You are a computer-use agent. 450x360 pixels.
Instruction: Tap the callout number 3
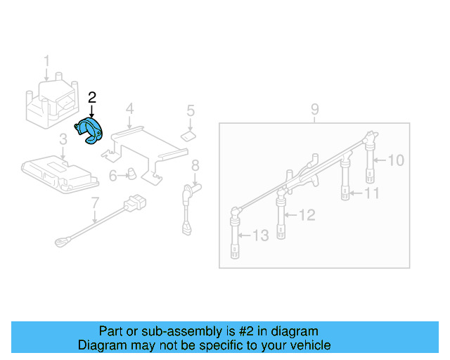pos(62,139)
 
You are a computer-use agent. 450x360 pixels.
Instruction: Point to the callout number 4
pos(129,108)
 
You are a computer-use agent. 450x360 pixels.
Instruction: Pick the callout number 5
pos(191,110)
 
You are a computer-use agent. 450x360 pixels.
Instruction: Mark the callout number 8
pos(195,165)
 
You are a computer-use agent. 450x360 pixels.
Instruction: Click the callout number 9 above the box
pos(315,109)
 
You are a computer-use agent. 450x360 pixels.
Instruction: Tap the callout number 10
pos(396,160)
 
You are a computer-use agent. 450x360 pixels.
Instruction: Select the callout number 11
pos(372,193)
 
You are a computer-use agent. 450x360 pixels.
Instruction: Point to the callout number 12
pos(307,215)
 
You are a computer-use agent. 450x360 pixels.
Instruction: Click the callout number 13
pos(260,236)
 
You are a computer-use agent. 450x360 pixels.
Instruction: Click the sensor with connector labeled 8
pos(187,204)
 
